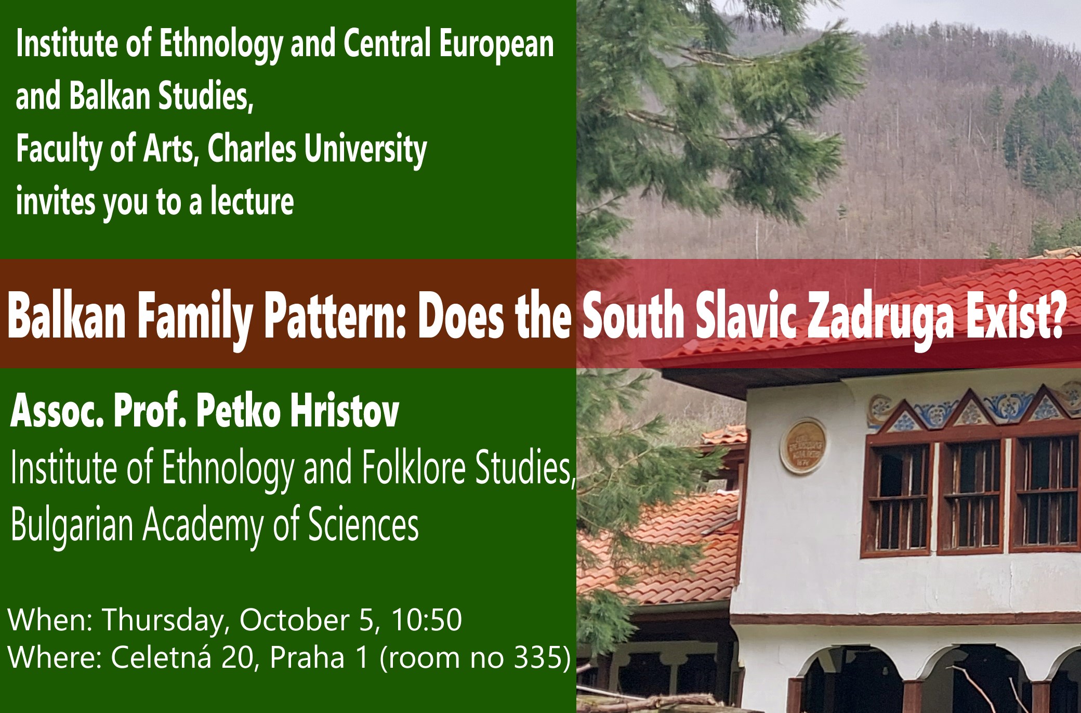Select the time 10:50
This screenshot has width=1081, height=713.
[x=426, y=619]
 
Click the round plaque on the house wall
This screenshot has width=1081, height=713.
[x=803, y=447]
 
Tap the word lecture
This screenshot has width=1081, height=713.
[x=252, y=201]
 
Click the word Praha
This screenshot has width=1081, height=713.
[x=307, y=657]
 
